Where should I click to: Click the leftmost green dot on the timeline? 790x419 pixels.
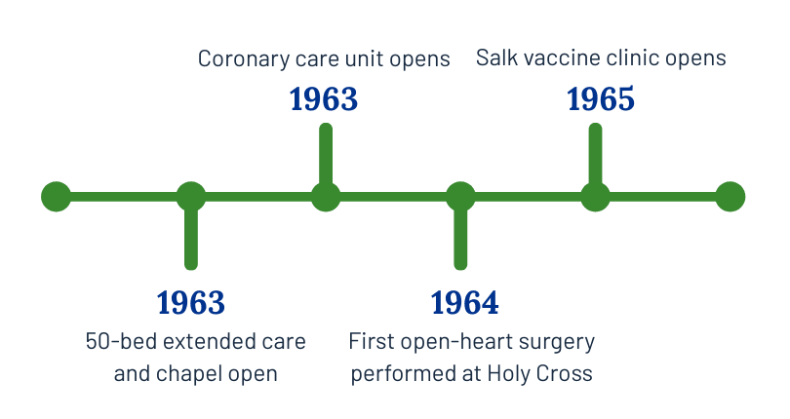pyautogui.click(x=57, y=197)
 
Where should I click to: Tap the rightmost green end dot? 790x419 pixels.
pyautogui.click(x=730, y=197)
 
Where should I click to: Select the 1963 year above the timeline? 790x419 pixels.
pyautogui.click(x=324, y=99)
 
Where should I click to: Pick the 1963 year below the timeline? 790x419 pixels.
pyautogui.click(x=191, y=303)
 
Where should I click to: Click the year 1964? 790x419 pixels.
pyautogui.click(x=464, y=303)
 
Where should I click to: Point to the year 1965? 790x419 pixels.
pyautogui.click(x=601, y=99)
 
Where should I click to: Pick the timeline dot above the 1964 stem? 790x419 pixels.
pyautogui.click(x=460, y=197)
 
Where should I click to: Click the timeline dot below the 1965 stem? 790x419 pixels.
pyautogui.click(x=595, y=197)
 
